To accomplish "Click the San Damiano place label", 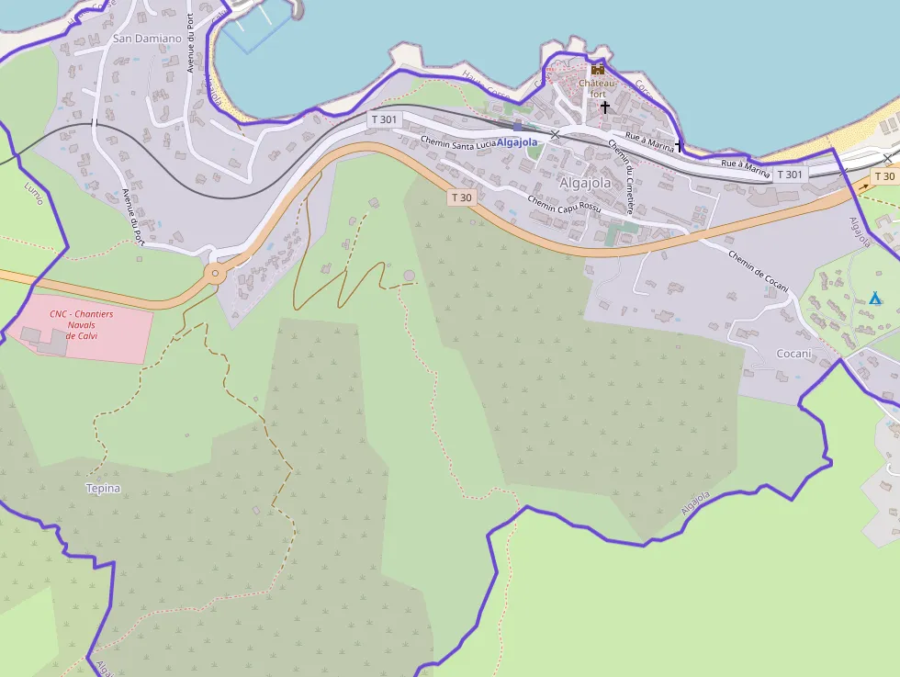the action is pyautogui.click(x=147, y=39).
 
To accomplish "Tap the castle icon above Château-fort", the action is pyautogui.click(x=598, y=69).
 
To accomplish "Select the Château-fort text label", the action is pyautogui.click(x=593, y=87).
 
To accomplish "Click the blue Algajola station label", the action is pyautogui.click(x=517, y=142).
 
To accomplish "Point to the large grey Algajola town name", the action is pyautogui.click(x=585, y=183).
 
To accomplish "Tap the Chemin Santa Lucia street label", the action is pyautogui.click(x=457, y=141).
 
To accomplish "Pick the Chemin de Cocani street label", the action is pyautogui.click(x=759, y=271).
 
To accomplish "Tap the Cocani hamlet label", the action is pyautogui.click(x=794, y=354).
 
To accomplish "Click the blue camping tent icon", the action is pyautogui.click(x=874, y=299).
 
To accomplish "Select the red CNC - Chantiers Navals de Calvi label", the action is pyautogui.click(x=82, y=324).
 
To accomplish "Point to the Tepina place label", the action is pyautogui.click(x=103, y=488).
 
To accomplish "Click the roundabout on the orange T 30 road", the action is pyautogui.click(x=215, y=272).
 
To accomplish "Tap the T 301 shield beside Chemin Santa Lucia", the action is pyautogui.click(x=384, y=119).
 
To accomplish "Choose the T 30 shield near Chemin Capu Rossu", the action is pyautogui.click(x=461, y=197).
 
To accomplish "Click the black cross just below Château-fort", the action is pyautogui.click(x=604, y=107).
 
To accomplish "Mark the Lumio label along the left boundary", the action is pyautogui.click(x=33, y=194).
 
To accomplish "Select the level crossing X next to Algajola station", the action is pyautogui.click(x=555, y=135).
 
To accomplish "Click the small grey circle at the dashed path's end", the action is pyautogui.click(x=409, y=276).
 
